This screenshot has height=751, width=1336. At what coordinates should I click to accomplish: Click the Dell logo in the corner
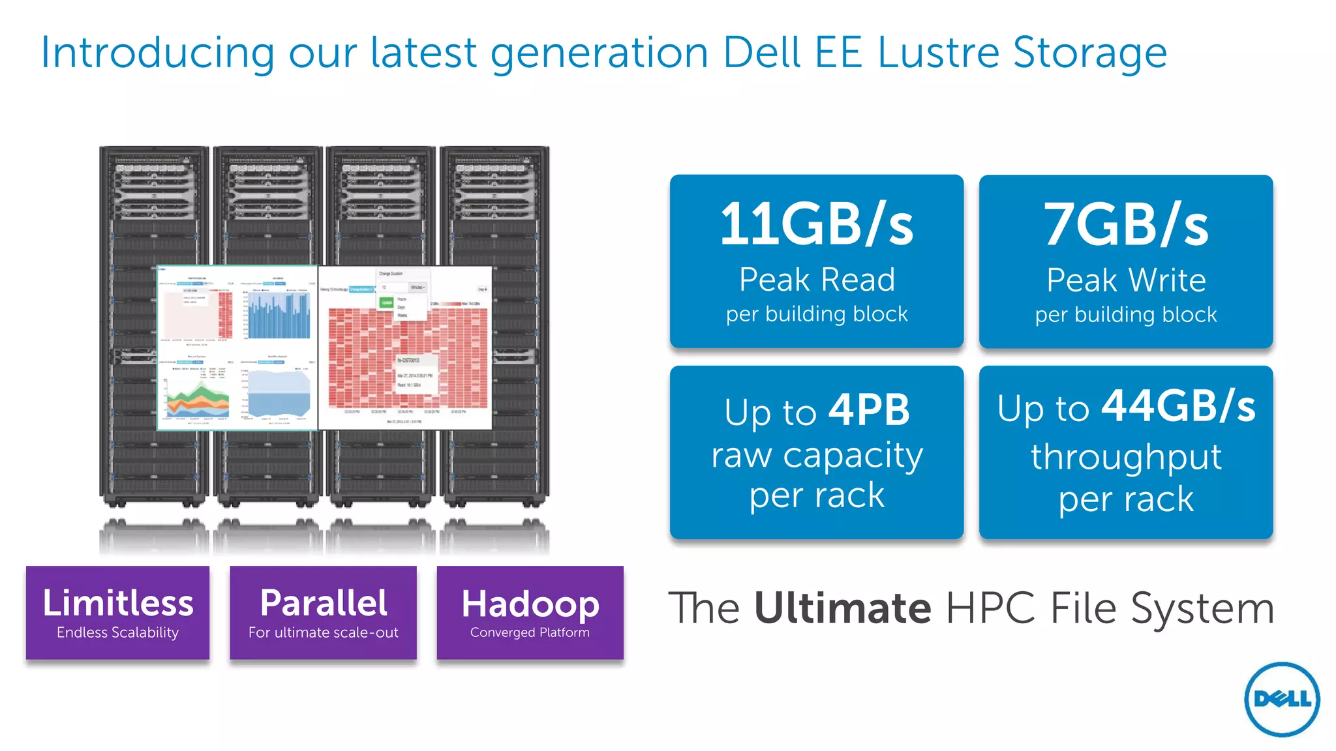coord(1282,699)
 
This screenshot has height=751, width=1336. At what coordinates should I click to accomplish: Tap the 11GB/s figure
coord(816,224)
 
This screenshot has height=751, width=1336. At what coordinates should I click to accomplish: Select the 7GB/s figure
coord(1126,225)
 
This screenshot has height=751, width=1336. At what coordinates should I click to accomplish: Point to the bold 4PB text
coord(869,410)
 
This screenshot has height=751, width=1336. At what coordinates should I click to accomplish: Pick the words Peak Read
coord(817,280)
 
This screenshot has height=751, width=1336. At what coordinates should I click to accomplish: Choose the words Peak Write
coord(1126,280)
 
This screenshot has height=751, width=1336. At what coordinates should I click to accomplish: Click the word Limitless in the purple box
coord(118,602)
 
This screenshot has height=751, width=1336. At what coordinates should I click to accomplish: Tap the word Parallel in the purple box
coord(324,602)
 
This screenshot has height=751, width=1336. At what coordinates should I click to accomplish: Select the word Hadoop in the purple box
coord(530,604)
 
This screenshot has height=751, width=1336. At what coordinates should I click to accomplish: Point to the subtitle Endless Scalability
coord(117,632)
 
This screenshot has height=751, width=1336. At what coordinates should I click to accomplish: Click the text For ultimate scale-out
coord(324,632)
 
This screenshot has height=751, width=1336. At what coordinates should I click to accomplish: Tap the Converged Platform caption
coord(530,632)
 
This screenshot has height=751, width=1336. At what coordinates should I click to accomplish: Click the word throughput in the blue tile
coord(1126,456)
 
